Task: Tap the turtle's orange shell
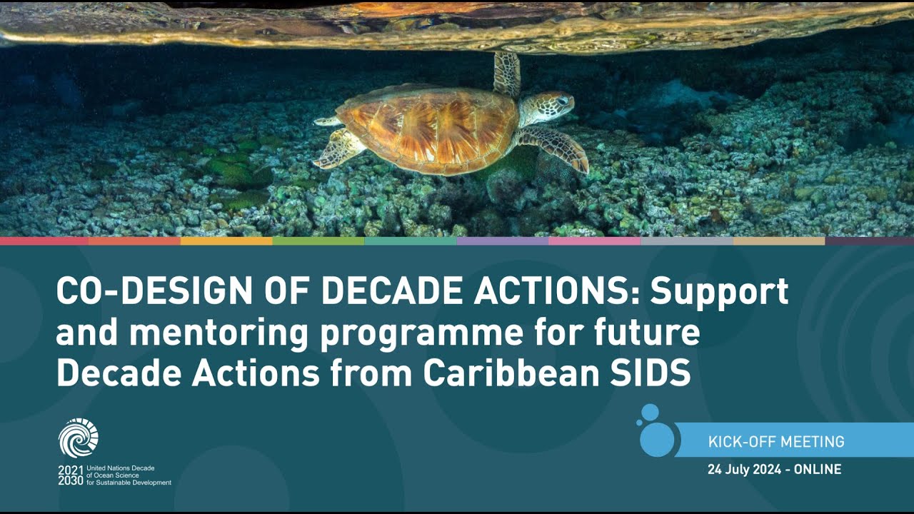427,128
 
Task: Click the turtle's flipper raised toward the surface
506,74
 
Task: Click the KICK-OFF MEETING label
776,442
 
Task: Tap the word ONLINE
818,470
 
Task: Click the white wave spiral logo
79,438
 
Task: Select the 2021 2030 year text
71,475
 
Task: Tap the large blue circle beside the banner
657,439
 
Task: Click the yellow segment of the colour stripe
226,241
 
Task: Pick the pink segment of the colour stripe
595,241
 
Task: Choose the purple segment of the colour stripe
503,241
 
